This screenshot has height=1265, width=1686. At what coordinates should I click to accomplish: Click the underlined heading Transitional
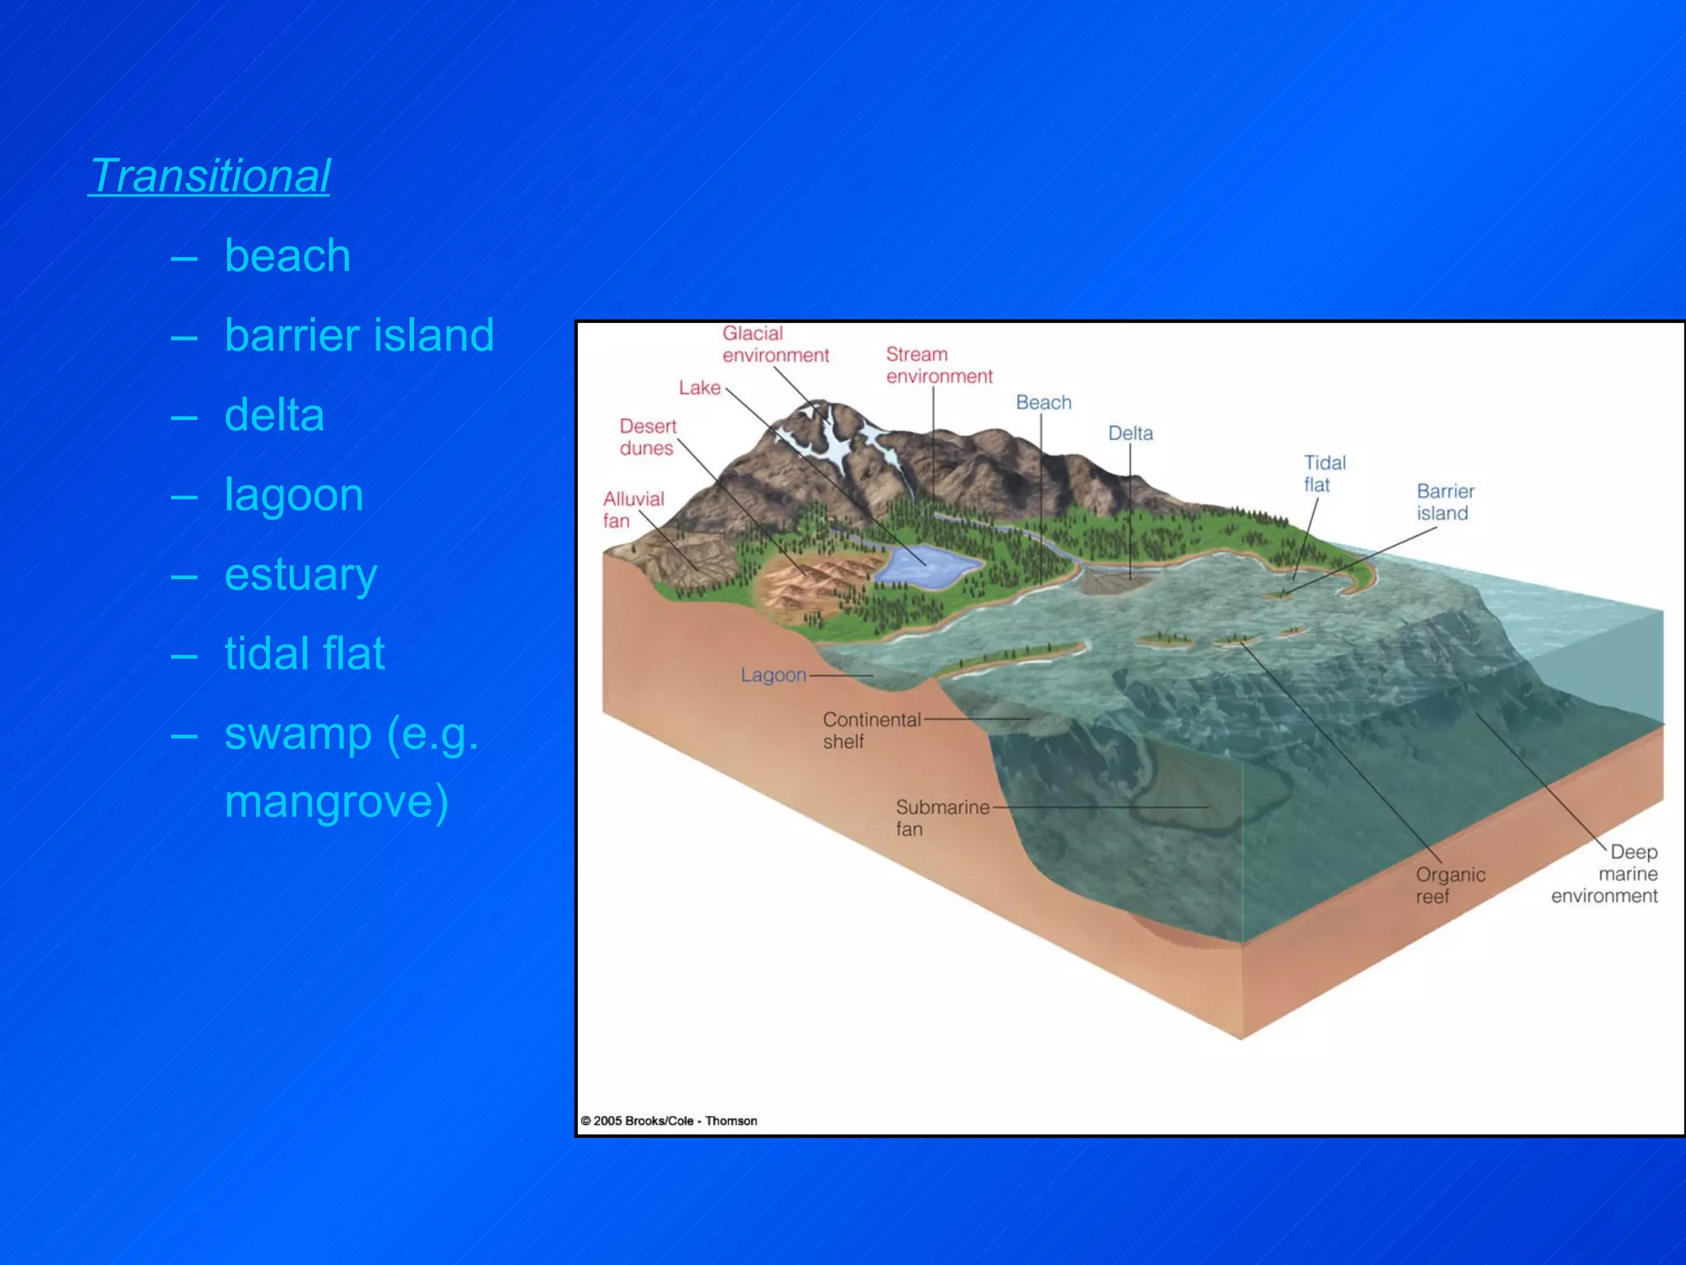pyautogui.click(x=210, y=176)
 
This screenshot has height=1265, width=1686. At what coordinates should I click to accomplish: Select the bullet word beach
pyautogui.click(x=287, y=255)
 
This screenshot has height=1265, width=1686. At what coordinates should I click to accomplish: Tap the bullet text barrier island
pyautogui.click(x=359, y=335)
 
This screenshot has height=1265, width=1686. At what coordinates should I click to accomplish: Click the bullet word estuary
pyautogui.click(x=300, y=574)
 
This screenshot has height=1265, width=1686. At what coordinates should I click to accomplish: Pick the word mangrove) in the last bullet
pyautogui.click(x=337, y=801)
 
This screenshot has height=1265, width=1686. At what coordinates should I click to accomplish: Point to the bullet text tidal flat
pyautogui.click(x=305, y=653)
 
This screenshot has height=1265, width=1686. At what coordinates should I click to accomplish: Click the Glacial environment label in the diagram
pyautogui.click(x=775, y=344)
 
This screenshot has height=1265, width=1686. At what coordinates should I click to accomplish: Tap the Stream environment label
pyautogui.click(x=938, y=365)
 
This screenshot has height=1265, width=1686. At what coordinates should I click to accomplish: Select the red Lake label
pyautogui.click(x=699, y=388)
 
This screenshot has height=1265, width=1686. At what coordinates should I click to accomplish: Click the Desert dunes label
pyautogui.click(x=647, y=437)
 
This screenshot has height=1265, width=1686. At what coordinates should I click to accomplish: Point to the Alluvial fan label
pyautogui.click(x=632, y=510)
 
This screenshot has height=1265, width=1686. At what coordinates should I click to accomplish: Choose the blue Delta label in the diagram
pyautogui.click(x=1129, y=433)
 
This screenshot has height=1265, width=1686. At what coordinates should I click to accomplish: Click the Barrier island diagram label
pyautogui.click(x=1445, y=502)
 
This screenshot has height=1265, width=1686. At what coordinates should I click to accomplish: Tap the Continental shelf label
pyautogui.click(x=871, y=731)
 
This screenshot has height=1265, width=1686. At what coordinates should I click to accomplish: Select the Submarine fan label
pyautogui.click(x=942, y=818)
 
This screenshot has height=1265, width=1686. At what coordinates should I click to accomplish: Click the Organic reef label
pyautogui.click(x=1450, y=885)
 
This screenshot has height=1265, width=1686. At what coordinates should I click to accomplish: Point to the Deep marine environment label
pyautogui.click(x=1606, y=874)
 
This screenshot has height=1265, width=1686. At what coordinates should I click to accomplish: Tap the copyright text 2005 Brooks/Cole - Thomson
pyautogui.click(x=668, y=1121)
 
